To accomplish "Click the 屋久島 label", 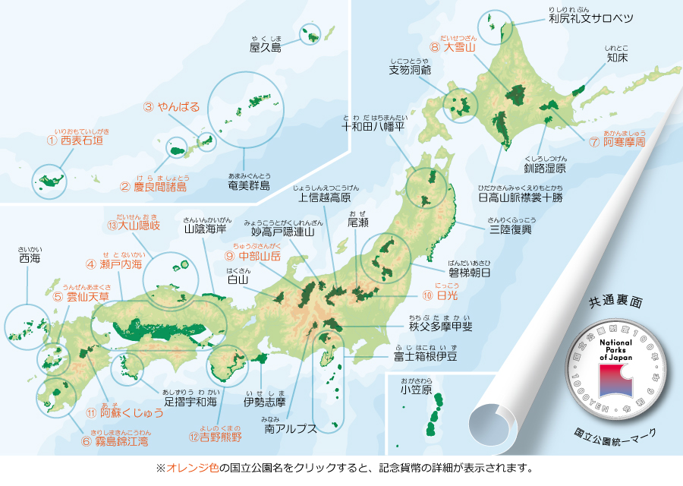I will point(266,48).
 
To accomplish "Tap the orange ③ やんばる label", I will point(172,107).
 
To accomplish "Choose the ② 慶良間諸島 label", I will point(153,186).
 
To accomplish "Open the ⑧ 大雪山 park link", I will point(452,47).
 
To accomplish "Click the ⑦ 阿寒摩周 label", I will point(618,142).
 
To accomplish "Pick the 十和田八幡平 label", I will point(376,127).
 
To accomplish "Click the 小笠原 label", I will point(417,390).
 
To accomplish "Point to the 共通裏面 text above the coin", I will point(615,302).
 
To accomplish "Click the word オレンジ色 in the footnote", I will point(187,469).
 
